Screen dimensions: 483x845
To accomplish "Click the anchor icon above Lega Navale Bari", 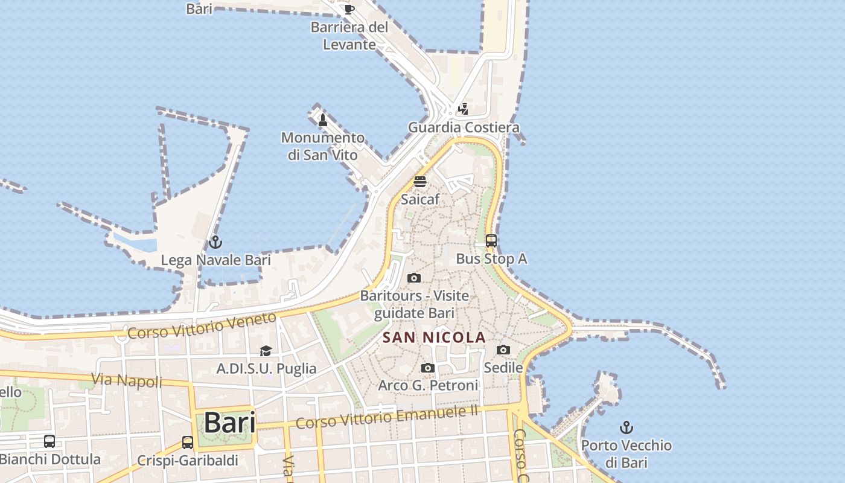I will [215, 243].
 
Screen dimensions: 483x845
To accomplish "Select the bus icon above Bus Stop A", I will [491, 241].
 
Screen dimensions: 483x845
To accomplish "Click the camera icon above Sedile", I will [503, 350].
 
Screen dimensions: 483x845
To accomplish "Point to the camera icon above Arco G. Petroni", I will [427, 368].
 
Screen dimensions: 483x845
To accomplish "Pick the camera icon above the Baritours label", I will [414, 278].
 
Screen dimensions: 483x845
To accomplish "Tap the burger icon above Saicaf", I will [420, 182].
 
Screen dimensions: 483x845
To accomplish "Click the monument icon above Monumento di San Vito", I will [323, 120].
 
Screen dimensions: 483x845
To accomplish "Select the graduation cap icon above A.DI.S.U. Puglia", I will [266, 351].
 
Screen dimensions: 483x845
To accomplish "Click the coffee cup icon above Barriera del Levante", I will [349, 9].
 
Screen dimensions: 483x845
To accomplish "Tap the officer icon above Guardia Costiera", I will [463, 109].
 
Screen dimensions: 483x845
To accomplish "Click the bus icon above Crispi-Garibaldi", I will [188, 443].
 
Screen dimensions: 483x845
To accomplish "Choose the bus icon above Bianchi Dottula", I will [49, 441].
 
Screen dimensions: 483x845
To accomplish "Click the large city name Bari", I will [229, 423].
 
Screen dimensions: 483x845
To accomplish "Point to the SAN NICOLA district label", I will [435, 337].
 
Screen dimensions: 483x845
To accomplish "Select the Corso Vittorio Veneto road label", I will [202, 326].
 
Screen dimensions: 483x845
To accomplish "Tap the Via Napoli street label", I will [127, 381].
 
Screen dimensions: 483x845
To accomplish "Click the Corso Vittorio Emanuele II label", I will [386, 417].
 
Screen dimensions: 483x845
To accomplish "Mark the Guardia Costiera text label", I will [464, 127].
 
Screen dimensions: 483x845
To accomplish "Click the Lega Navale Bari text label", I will [215, 260].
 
